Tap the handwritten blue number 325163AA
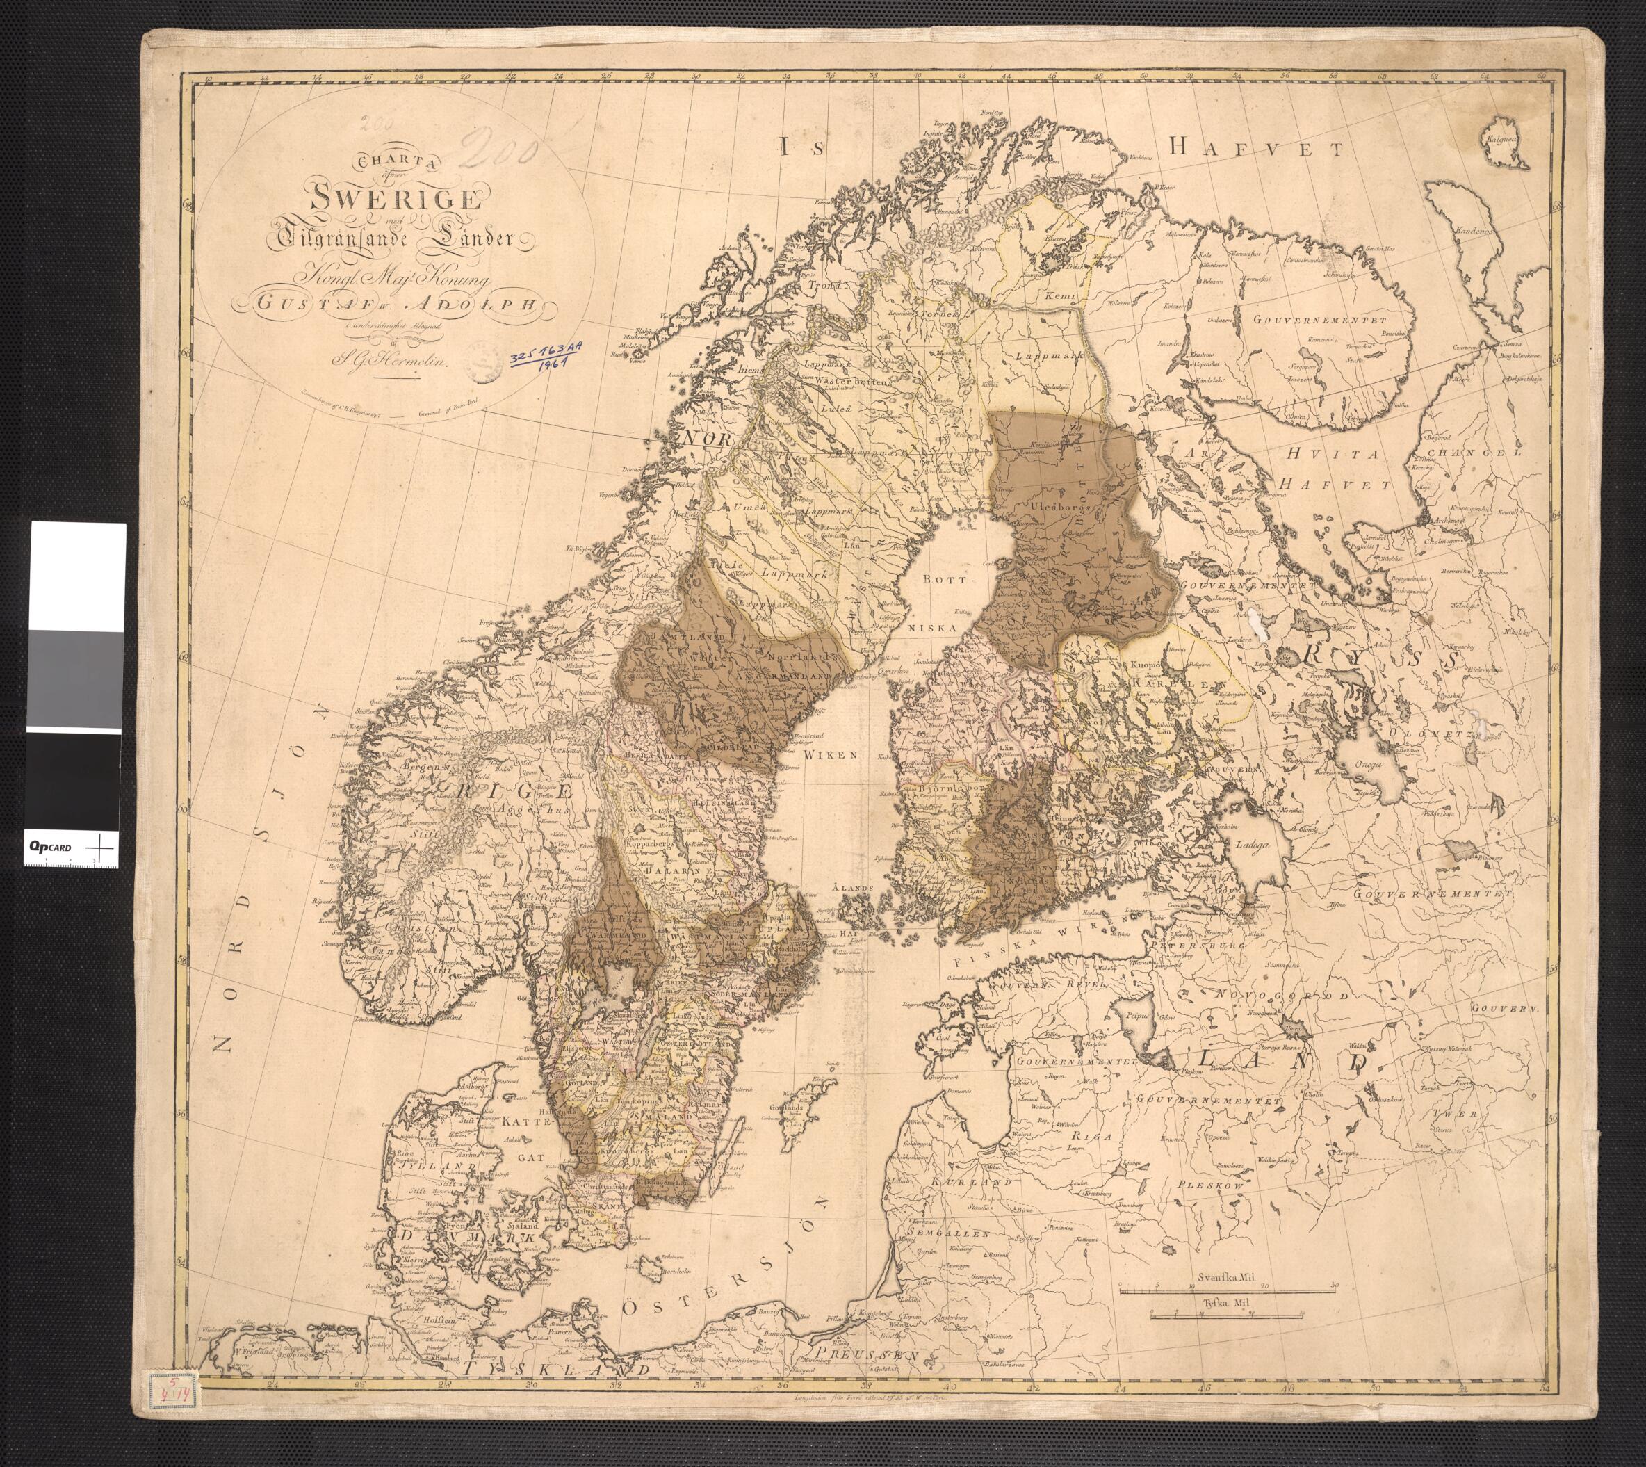[x=547, y=353]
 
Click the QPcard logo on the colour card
[x=50, y=847]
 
